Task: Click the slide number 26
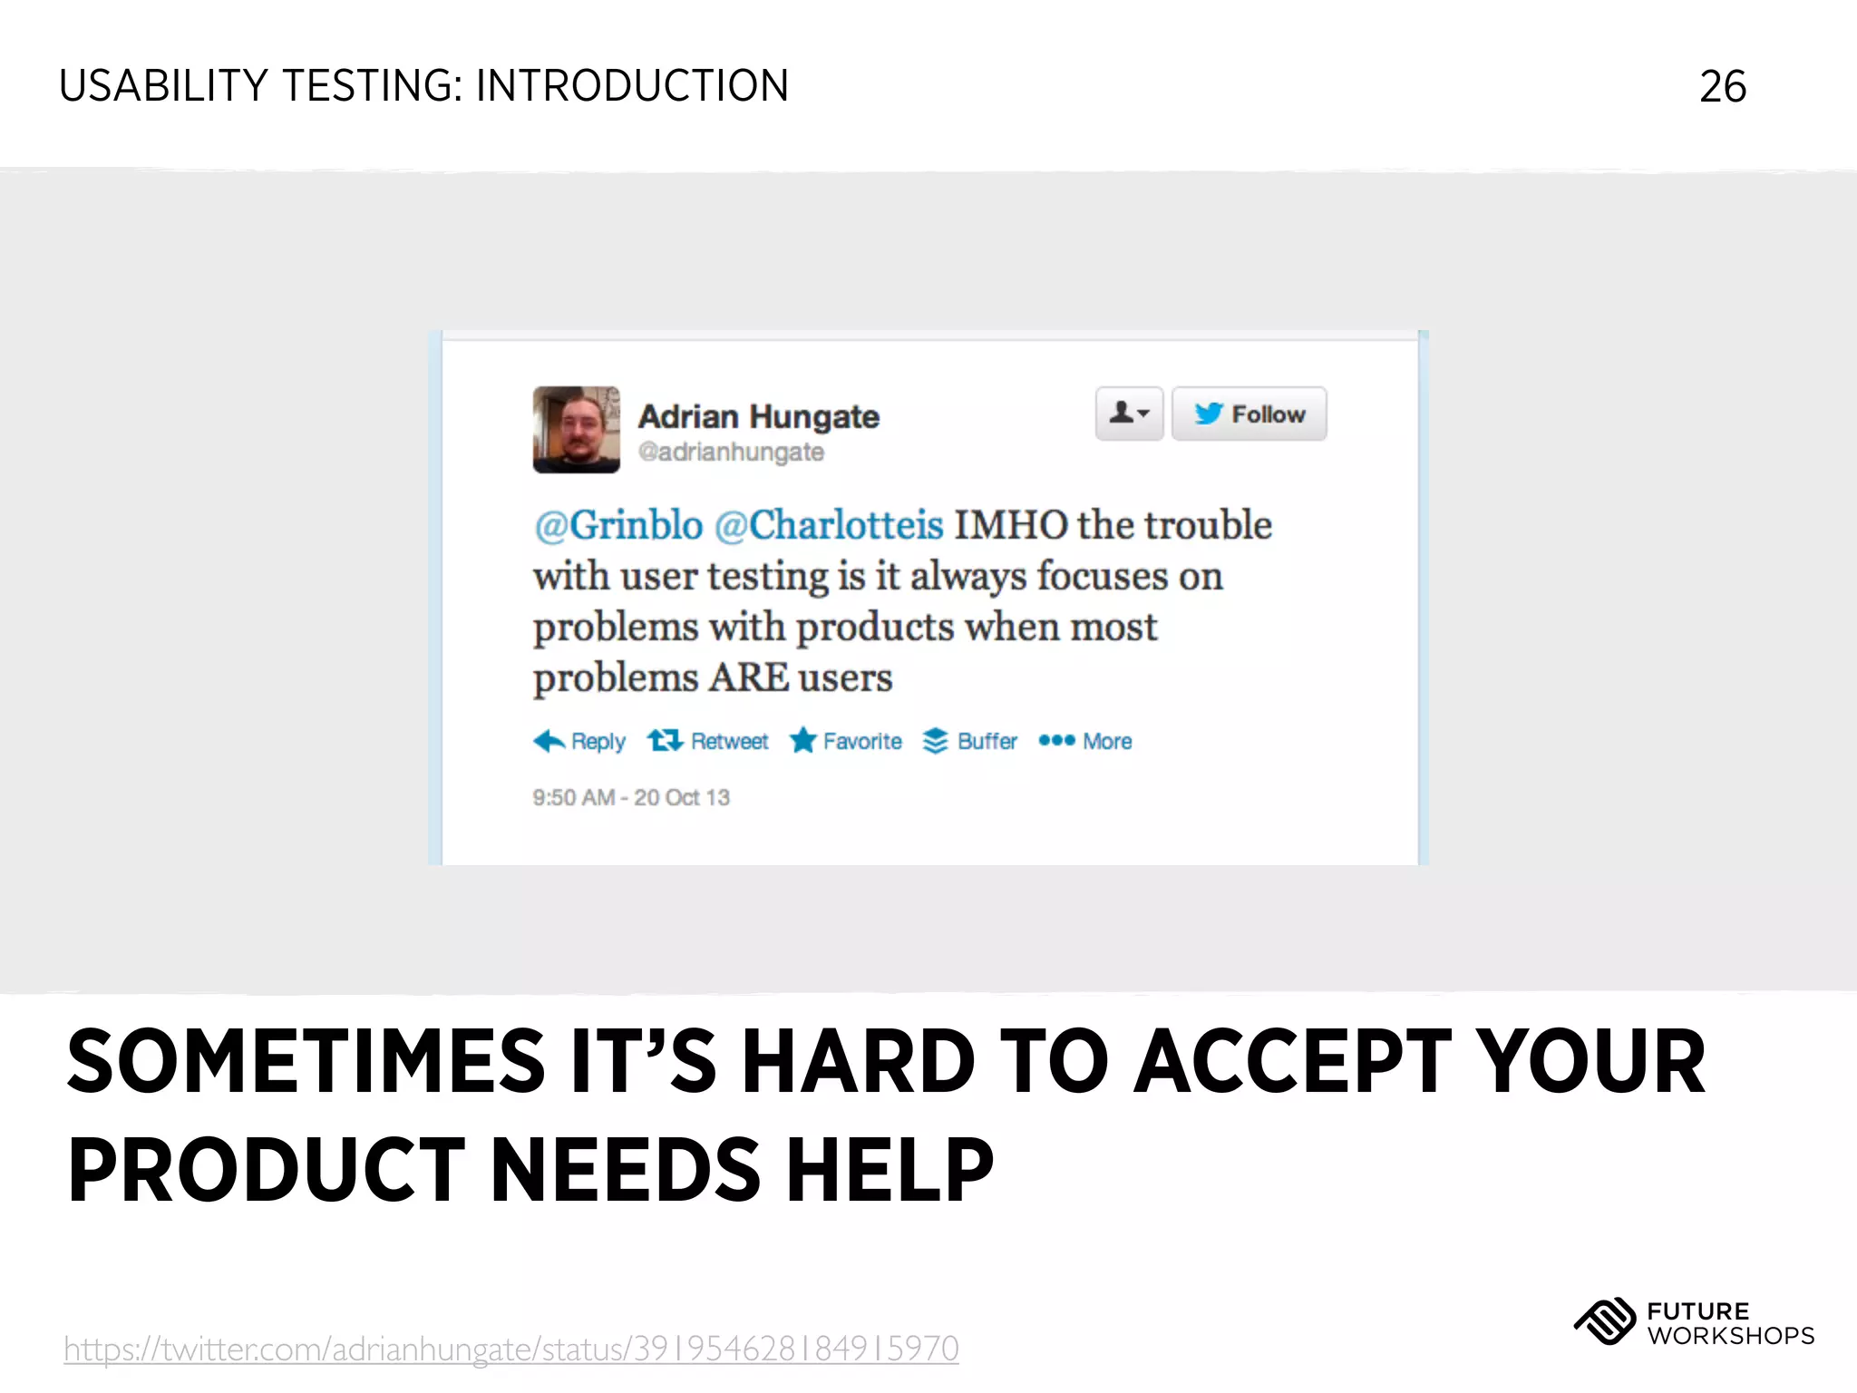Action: [x=1722, y=87]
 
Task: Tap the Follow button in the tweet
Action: [x=1249, y=414]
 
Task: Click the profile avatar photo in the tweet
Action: [x=577, y=430]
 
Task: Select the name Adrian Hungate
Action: [x=759, y=416]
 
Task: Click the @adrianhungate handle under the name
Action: [x=731, y=452]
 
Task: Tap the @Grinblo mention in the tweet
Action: [x=618, y=525]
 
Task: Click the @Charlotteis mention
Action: [x=829, y=525]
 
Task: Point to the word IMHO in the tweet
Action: [x=1010, y=525]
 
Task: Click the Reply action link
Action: [x=580, y=741]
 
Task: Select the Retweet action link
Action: [x=708, y=741]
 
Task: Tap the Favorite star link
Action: [x=846, y=741]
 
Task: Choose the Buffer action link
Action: [x=970, y=741]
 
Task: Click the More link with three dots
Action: [x=1085, y=741]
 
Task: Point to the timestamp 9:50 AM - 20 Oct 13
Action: [x=631, y=797]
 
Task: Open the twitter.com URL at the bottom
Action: [x=511, y=1349]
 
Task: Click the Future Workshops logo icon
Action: [x=1604, y=1322]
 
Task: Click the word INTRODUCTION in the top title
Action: [x=632, y=87]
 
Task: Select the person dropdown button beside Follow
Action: [x=1129, y=414]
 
